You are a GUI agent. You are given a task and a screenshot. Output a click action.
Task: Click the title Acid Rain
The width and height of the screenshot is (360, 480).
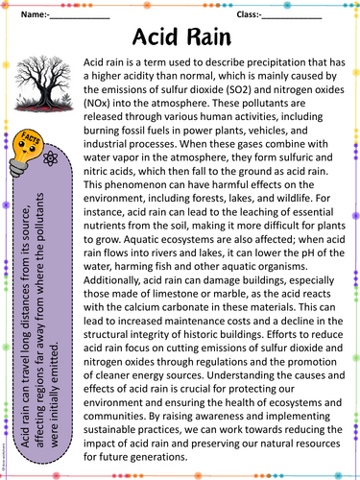(181, 39)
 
